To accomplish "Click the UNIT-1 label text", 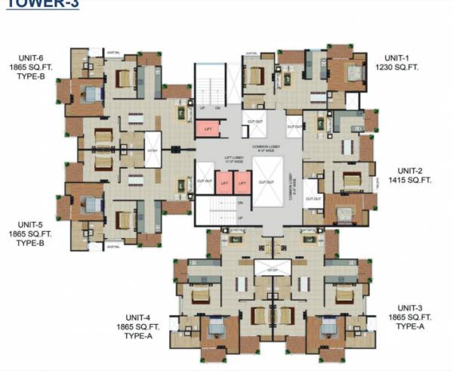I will pyautogui.click(x=396, y=57).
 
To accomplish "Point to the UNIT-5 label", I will pyautogui.click(x=31, y=224).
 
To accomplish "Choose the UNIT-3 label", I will pyautogui.click(x=414, y=308).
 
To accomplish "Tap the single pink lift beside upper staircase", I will pyautogui.click(x=208, y=129).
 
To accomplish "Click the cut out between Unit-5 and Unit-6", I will pyautogui.click(x=153, y=150).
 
